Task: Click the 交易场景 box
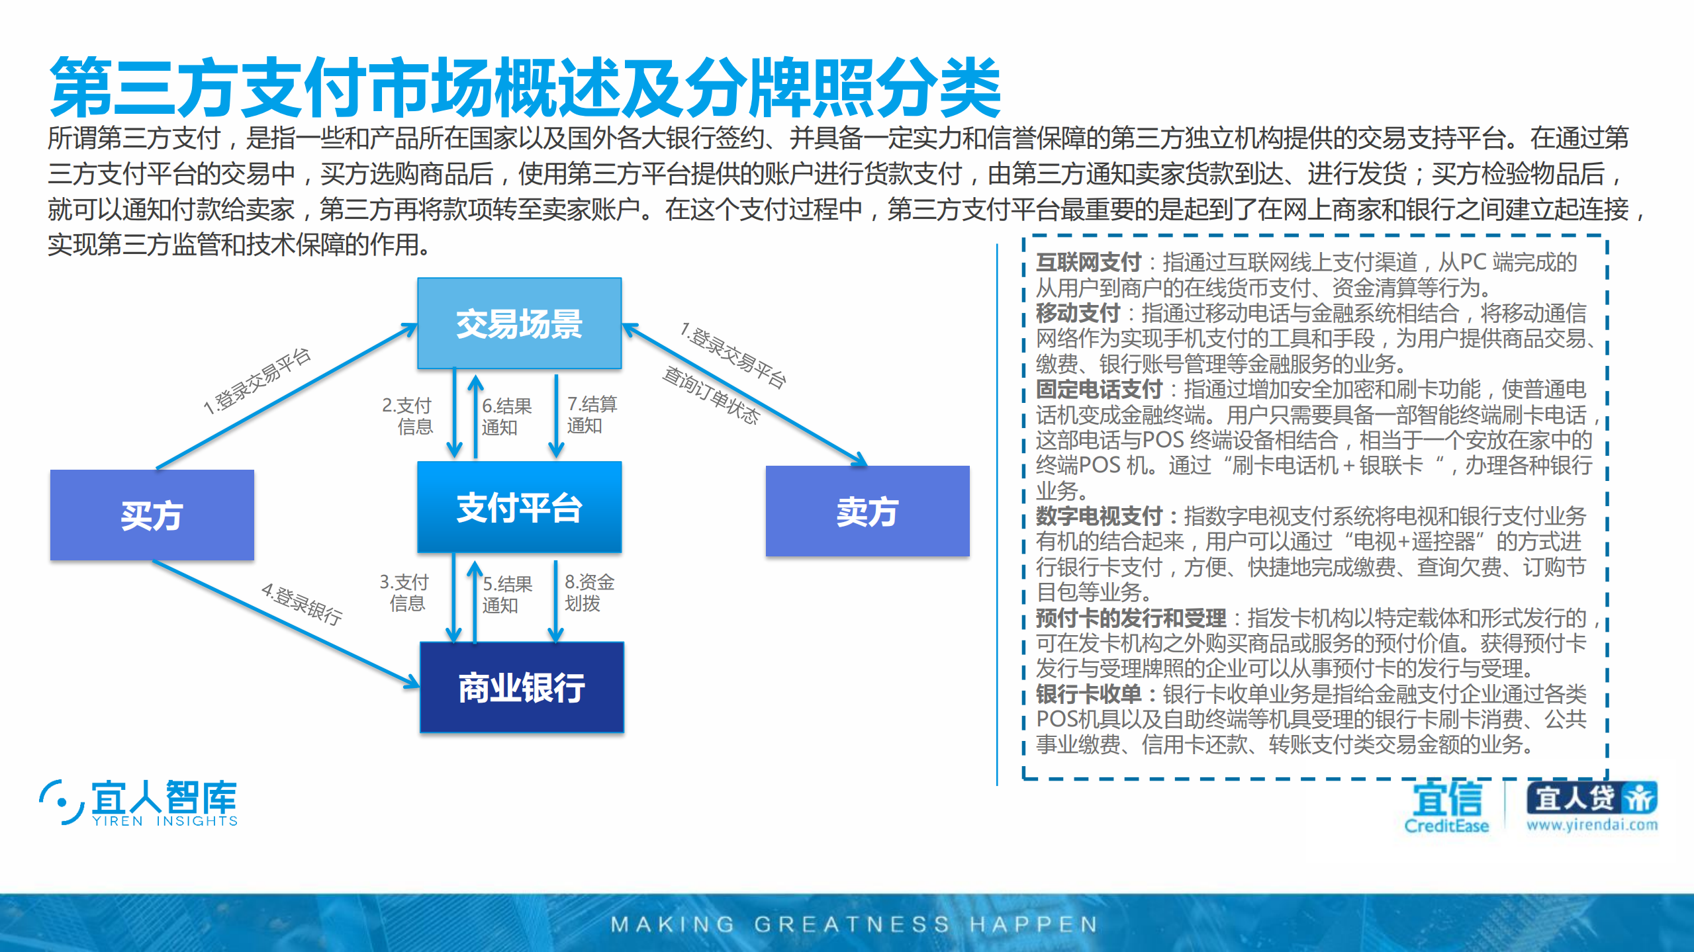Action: tap(519, 324)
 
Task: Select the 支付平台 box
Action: tap(519, 507)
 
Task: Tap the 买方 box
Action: tap(152, 515)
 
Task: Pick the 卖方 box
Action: tap(867, 511)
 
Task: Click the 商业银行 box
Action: tap(522, 687)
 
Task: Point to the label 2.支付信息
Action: tap(408, 415)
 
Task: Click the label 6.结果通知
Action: tap(506, 416)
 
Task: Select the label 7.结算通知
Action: tap(591, 414)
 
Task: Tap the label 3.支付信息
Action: tap(404, 592)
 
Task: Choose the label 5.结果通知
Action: tap(507, 594)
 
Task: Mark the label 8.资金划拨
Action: tap(588, 592)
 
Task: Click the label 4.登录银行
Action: tap(302, 603)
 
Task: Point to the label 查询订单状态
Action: tap(711, 395)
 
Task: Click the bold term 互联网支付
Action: tap(1088, 263)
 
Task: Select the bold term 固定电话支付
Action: tap(1099, 389)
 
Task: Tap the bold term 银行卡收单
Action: tap(1088, 694)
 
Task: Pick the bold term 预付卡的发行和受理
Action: tap(1131, 618)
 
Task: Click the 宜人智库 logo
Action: tap(138, 802)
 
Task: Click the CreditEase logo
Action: tap(1446, 806)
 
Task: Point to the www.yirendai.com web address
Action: tap(1592, 824)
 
